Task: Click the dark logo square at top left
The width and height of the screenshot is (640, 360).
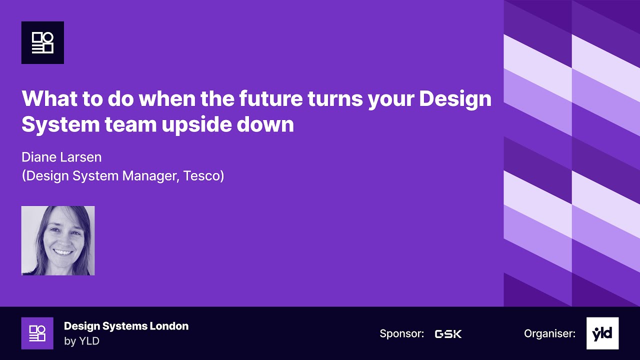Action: click(42, 42)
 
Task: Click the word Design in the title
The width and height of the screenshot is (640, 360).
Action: click(455, 99)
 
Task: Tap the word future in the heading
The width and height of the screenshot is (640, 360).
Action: click(269, 99)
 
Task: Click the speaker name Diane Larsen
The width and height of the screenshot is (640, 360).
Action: click(61, 157)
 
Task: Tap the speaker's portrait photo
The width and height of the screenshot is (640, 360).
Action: click(58, 240)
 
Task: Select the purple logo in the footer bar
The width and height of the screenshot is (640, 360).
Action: click(37, 333)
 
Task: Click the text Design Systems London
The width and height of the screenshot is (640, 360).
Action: click(126, 326)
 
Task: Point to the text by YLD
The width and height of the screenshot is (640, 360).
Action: click(81, 341)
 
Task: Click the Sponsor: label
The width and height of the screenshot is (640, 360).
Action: click(401, 333)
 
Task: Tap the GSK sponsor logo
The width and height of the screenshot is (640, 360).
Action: click(448, 333)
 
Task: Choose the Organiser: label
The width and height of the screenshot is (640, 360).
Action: click(549, 333)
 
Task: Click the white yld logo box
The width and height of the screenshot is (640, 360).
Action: click(602, 333)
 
